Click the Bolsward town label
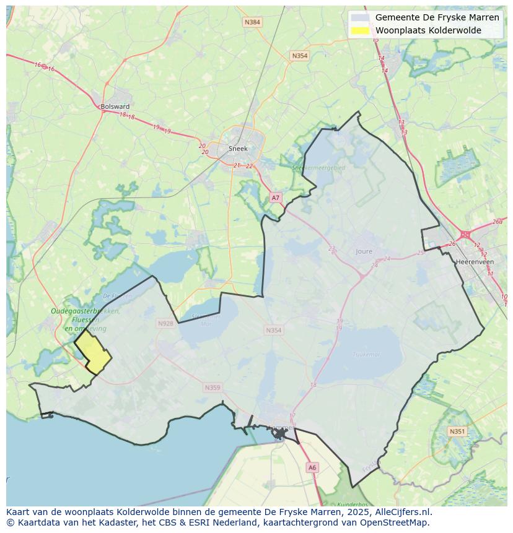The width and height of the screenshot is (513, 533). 115,106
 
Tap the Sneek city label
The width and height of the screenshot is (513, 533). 238,149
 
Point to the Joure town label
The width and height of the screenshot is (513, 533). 364,251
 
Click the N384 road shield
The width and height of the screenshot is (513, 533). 252,22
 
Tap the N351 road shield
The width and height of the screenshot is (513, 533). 457,431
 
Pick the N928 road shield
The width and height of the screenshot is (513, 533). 165,323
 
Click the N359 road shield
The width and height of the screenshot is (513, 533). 212,388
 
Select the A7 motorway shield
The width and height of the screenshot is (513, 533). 276,197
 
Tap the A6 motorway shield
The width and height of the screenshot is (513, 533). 312,467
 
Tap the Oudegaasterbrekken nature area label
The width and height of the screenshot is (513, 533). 85,311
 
